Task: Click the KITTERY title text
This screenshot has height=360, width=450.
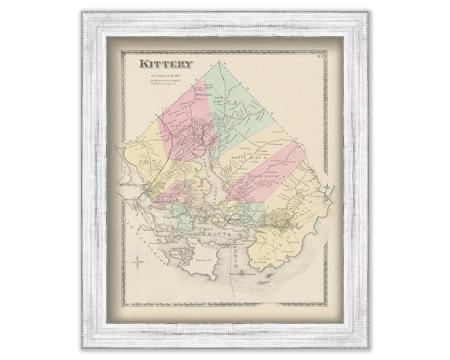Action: [166, 64]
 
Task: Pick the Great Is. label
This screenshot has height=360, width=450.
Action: [204, 260]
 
